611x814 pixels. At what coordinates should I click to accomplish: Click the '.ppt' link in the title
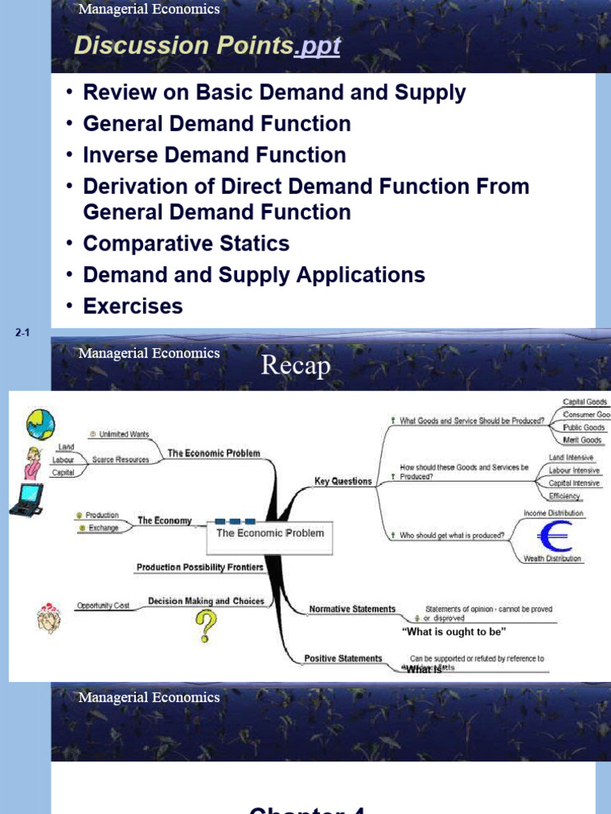pyautogui.click(x=317, y=47)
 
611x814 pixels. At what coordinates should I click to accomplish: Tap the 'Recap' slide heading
pyautogui.click(x=295, y=366)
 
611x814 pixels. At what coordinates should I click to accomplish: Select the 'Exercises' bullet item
pyautogui.click(x=133, y=306)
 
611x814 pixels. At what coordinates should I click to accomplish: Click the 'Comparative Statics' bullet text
pyautogui.click(x=186, y=243)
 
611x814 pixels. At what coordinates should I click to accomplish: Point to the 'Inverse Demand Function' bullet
pyautogui.click(x=215, y=155)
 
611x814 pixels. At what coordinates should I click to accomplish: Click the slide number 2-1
pyautogui.click(x=22, y=334)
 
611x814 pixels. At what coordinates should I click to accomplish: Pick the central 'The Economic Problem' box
pyautogui.click(x=270, y=533)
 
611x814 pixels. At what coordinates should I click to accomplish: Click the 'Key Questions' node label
pyautogui.click(x=343, y=481)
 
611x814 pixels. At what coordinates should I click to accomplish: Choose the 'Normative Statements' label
pyautogui.click(x=352, y=609)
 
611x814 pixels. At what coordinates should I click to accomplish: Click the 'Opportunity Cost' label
pyautogui.click(x=103, y=606)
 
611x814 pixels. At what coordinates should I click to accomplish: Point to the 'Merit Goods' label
pyautogui.click(x=582, y=440)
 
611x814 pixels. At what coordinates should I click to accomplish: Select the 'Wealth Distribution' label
pyautogui.click(x=552, y=559)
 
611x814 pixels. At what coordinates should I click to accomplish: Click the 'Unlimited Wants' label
pyautogui.click(x=123, y=434)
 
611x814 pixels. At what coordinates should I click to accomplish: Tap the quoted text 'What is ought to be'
pyautogui.click(x=453, y=631)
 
